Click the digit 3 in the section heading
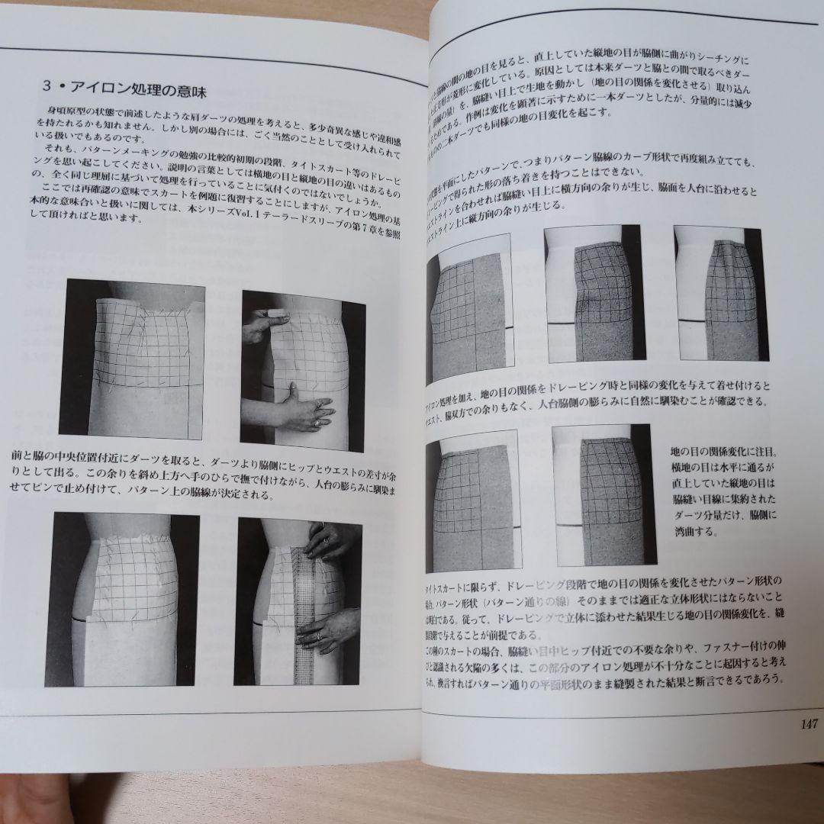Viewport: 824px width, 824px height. [48, 87]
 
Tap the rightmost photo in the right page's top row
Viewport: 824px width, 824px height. [721, 293]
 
